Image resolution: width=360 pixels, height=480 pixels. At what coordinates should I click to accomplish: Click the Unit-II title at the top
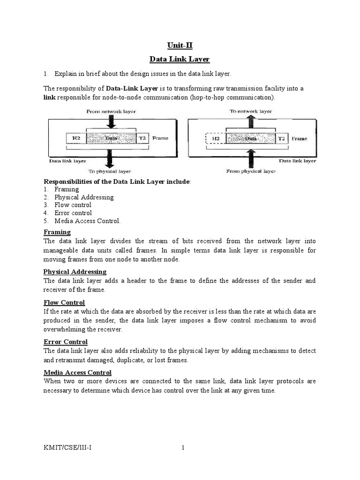click(x=180, y=45)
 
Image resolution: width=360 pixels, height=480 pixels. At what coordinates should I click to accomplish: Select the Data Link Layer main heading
click(x=180, y=60)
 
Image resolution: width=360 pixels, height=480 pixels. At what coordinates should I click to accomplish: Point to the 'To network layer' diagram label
click(x=250, y=112)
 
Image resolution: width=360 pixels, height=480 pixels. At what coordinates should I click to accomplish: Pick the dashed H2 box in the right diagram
click(x=216, y=139)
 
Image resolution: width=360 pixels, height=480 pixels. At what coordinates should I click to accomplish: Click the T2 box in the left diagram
click(x=142, y=139)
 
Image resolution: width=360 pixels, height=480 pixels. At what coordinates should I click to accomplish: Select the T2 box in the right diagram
click(x=281, y=139)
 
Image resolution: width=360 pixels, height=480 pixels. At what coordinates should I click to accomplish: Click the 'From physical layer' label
click(x=251, y=171)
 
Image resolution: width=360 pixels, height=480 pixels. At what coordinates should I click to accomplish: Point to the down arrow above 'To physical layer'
click(x=110, y=159)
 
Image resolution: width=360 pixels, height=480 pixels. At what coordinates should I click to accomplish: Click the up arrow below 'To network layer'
click(x=251, y=122)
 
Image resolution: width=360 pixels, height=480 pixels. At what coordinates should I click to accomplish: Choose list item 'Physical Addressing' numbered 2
click(x=83, y=197)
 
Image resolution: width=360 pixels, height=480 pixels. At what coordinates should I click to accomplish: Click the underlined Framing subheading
click(x=57, y=232)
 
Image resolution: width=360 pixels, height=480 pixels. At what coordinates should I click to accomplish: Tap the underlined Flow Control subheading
click(x=64, y=302)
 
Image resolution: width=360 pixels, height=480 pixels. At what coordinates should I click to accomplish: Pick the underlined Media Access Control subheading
click(x=77, y=373)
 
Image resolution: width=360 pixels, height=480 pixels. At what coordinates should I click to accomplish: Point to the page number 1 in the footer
click(x=183, y=448)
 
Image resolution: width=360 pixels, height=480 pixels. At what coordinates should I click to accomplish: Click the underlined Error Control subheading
click(x=66, y=342)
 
